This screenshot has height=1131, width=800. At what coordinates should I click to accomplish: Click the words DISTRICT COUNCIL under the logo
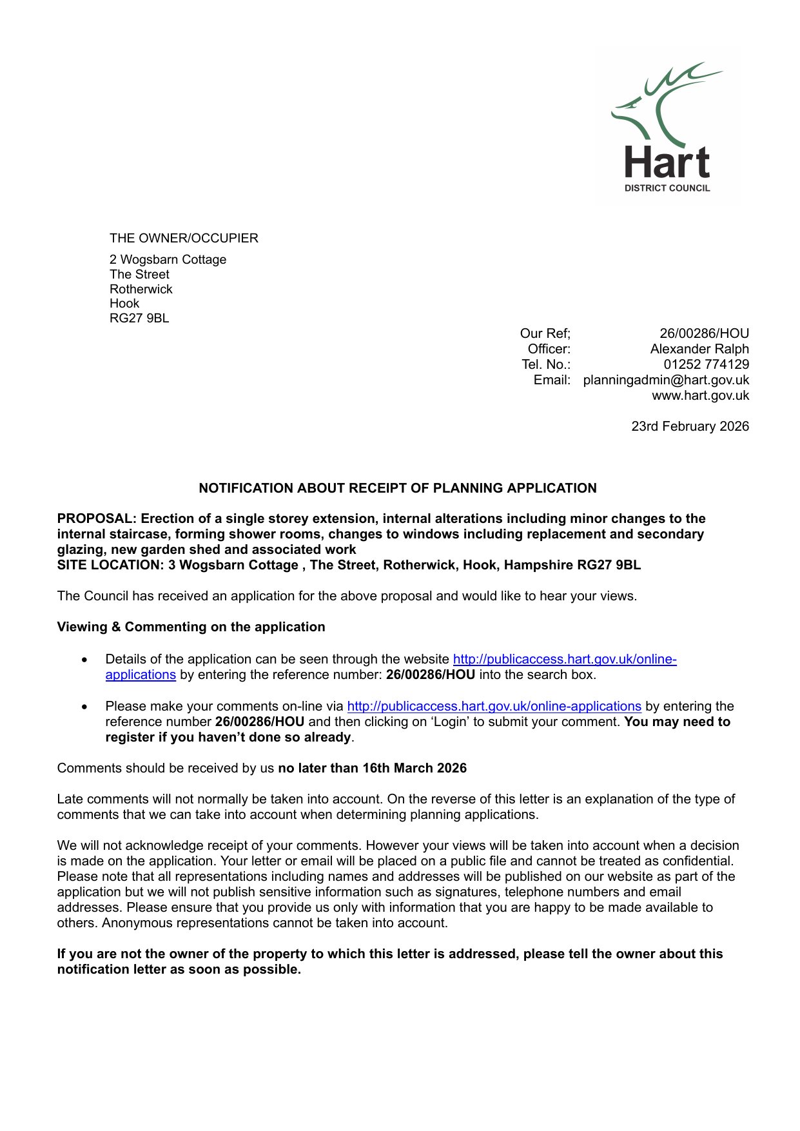click(x=667, y=188)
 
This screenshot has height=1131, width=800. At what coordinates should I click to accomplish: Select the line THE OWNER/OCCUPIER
click(x=184, y=238)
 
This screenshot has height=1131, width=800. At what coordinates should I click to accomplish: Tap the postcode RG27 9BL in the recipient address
click(x=139, y=318)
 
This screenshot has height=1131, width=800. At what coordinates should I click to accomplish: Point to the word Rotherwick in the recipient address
click(x=141, y=289)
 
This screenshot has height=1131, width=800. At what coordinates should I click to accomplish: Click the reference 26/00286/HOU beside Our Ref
click(x=704, y=333)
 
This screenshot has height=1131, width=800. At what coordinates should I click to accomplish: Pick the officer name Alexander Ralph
click(x=699, y=349)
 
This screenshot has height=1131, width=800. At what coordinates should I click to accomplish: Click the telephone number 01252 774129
click(x=706, y=364)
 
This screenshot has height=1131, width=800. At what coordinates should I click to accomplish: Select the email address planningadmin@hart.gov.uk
click(x=666, y=380)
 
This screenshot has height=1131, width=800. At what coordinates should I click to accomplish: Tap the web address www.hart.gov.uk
click(x=700, y=395)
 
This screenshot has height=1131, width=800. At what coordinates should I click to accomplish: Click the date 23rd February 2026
click(x=690, y=426)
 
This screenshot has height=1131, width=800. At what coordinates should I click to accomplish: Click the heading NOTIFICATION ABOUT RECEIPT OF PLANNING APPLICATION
click(x=398, y=488)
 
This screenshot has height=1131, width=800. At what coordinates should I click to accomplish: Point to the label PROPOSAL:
click(x=97, y=518)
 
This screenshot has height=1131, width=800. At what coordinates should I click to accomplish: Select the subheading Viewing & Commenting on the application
click(x=191, y=627)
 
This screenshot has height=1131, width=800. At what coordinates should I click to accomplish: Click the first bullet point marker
click(x=84, y=660)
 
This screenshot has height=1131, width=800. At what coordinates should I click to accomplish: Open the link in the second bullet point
click(x=494, y=706)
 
